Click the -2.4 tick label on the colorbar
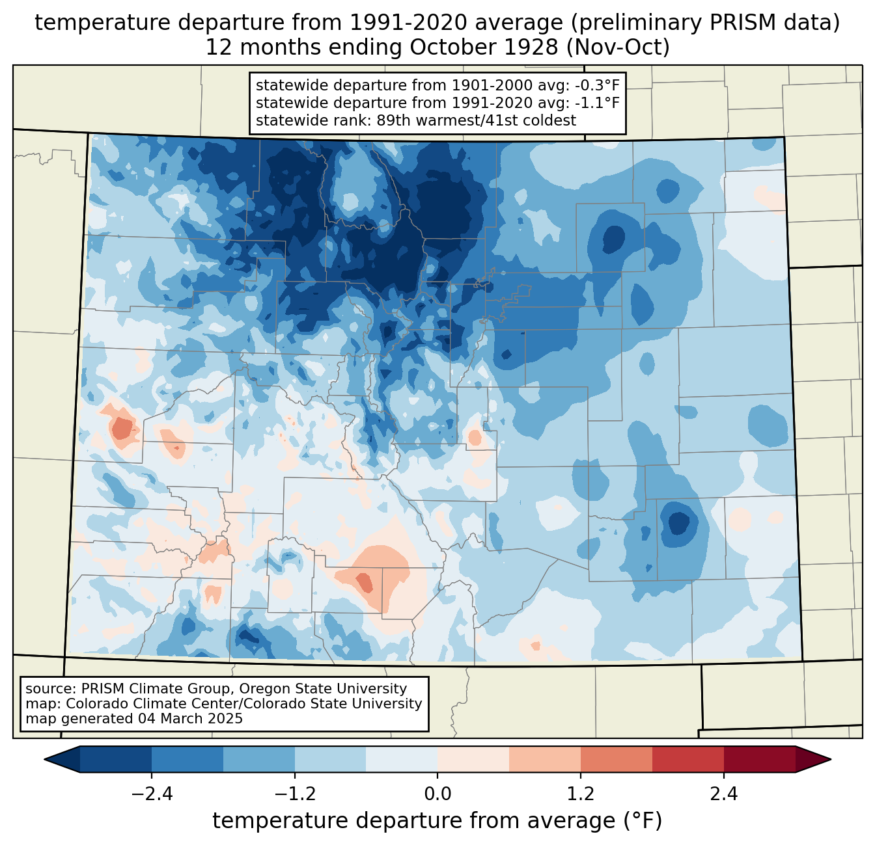[152, 794]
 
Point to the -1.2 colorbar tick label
[295, 794]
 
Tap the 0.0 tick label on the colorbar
[437, 794]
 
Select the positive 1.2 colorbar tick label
[581, 794]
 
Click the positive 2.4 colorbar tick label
[724, 794]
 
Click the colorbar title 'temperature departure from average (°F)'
[437, 821]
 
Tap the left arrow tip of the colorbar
[45, 760]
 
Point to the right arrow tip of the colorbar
[831, 760]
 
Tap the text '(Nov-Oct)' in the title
[618, 47]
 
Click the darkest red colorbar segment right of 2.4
[760, 760]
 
